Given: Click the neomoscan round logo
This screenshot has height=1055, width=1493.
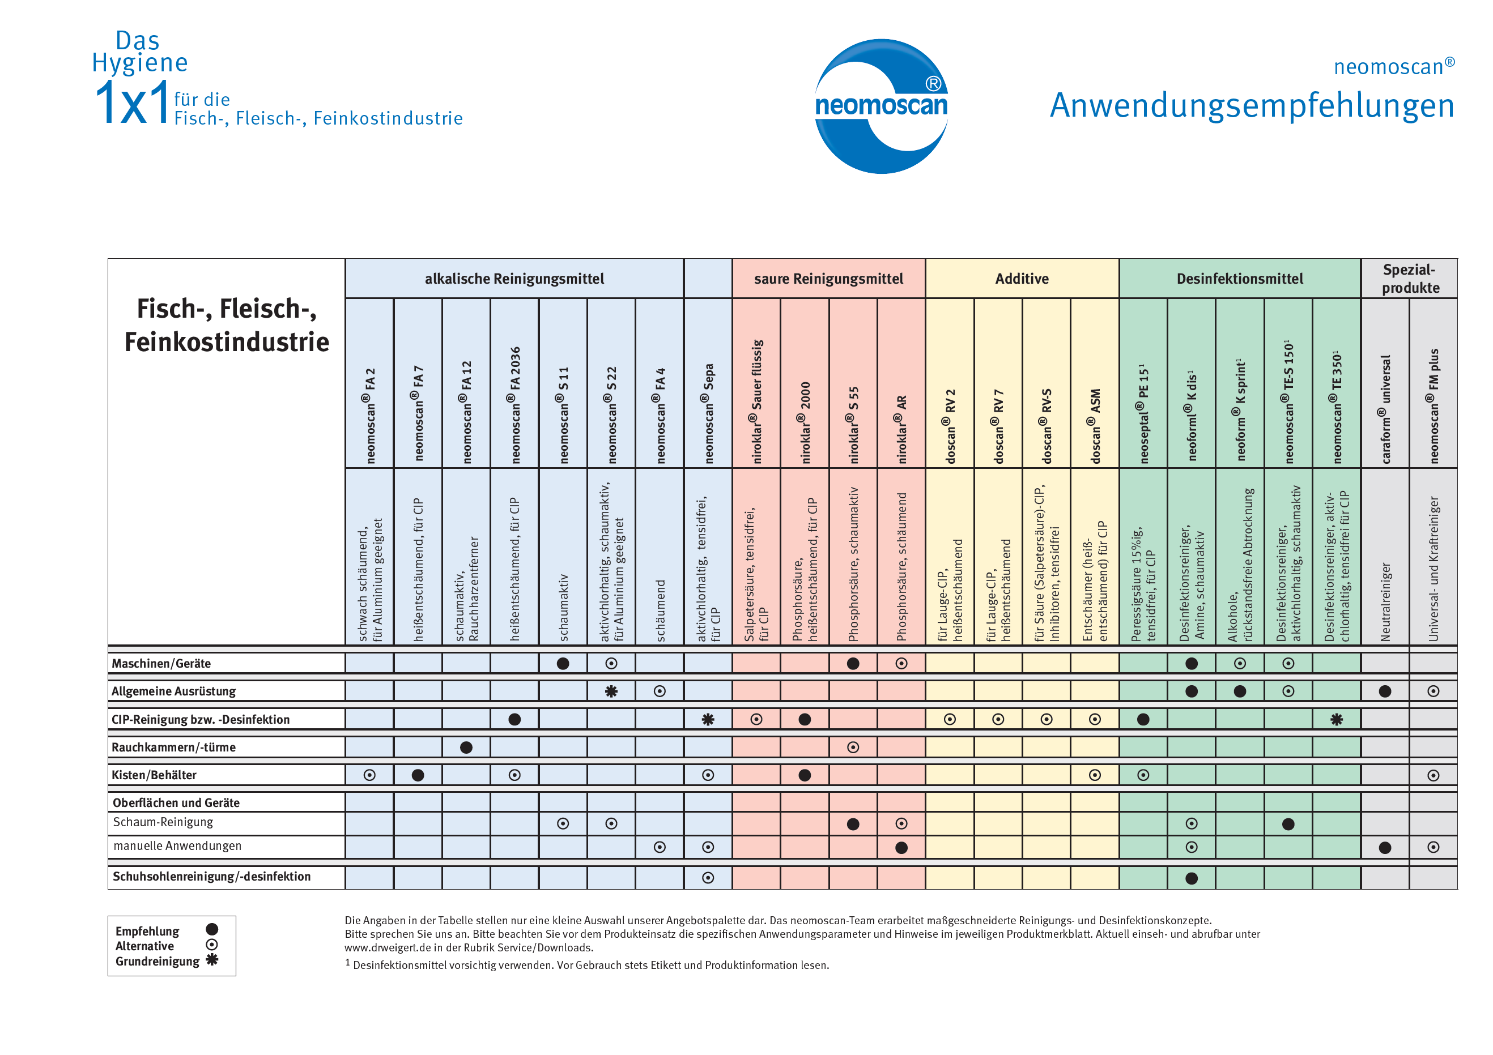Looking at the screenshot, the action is tap(881, 106).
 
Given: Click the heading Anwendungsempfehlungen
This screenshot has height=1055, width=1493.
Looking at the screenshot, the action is tap(1252, 105).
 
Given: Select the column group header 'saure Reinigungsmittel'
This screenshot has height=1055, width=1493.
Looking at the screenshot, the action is tap(828, 279).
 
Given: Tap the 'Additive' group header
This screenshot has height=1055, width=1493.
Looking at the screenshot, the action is tap(1022, 279).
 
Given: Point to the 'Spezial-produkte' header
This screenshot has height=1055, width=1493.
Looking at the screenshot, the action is tap(1410, 278).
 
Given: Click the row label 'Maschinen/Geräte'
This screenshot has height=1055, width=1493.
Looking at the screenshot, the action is tap(161, 663).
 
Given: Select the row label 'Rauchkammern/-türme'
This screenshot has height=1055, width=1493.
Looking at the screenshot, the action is tap(173, 747).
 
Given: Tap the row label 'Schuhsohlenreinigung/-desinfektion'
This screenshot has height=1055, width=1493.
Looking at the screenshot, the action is tap(211, 876).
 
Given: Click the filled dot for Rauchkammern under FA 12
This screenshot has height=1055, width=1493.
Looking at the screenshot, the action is tap(466, 748).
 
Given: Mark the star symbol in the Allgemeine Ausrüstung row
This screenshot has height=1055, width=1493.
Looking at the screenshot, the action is tap(611, 691).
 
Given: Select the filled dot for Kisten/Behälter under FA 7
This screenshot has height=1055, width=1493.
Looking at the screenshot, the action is tap(418, 775).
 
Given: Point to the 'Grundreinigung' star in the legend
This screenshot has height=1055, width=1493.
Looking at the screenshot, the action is tap(212, 959).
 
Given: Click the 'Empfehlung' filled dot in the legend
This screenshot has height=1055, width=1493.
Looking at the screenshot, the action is tap(212, 929).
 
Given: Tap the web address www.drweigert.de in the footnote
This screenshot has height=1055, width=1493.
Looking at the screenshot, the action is tap(403, 948).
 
